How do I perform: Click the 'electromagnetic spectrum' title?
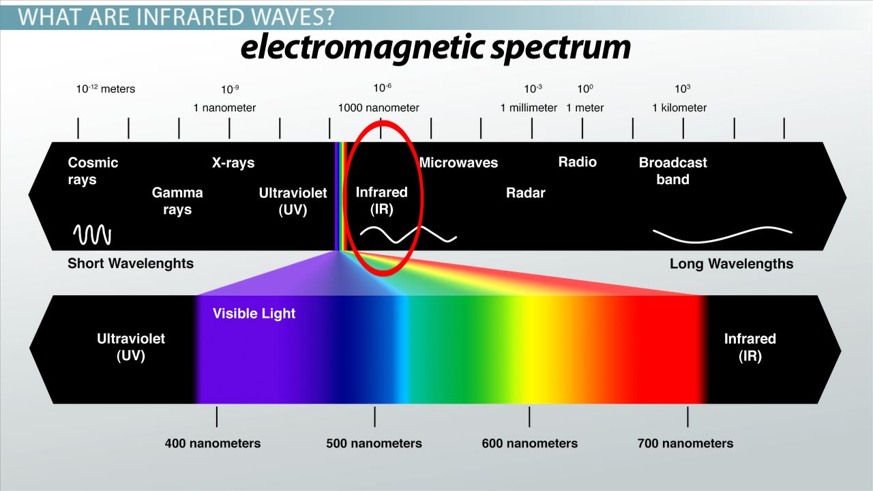click(435, 48)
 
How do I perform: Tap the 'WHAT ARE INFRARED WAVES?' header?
click(176, 17)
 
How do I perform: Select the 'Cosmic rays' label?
click(93, 170)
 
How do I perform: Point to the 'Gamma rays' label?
click(177, 200)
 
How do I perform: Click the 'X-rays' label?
click(233, 162)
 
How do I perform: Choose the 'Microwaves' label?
click(459, 162)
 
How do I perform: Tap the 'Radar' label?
click(525, 192)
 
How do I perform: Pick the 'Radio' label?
click(577, 162)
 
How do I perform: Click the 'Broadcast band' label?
click(672, 170)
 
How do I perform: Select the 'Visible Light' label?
click(254, 313)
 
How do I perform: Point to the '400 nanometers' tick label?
click(213, 443)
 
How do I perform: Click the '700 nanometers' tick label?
click(685, 443)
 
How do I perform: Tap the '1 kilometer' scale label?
click(679, 108)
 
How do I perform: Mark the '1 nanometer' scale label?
click(224, 108)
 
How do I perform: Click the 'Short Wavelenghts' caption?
click(130, 263)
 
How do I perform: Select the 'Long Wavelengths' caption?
click(732, 264)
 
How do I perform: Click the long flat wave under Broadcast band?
click(722, 235)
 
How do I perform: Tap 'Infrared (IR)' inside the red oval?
click(381, 200)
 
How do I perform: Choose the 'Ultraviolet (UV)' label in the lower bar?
click(131, 347)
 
